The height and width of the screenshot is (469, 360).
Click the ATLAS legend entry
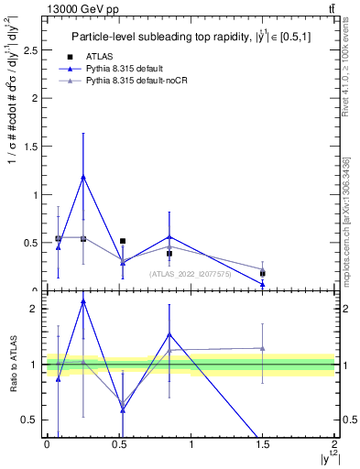(x=98, y=57)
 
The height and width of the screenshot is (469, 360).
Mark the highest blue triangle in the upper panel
(x=83, y=177)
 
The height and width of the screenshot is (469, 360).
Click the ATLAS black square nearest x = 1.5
(x=263, y=273)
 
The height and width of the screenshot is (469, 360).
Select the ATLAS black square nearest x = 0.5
(x=123, y=242)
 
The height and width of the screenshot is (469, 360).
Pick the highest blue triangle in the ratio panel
(x=83, y=300)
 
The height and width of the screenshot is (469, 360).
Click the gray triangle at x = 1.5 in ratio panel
(x=263, y=348)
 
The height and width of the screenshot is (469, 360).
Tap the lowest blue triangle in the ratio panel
(x=123, y=409)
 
